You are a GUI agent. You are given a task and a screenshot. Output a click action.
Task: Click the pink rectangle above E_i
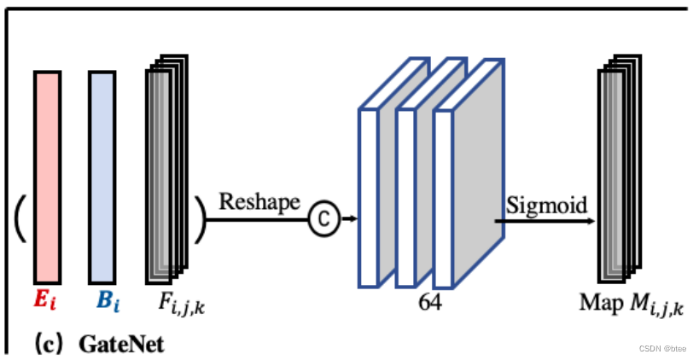pyautogui.click(x=47, y=177)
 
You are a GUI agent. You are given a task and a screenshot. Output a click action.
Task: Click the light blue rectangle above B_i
pyautogui.click(x=102, y=177)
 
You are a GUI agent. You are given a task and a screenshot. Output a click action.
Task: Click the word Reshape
pyautogui.click(x=260, y=202)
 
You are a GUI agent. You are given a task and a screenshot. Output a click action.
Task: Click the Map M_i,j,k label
pyautogui.click(x=632, y=303)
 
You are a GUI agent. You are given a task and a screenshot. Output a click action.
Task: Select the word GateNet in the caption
pyautogui.click(x=121, y=345)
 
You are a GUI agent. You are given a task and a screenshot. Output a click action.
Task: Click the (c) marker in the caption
pyautogui.click(x=46, y=345)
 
